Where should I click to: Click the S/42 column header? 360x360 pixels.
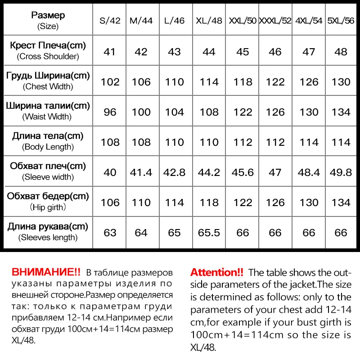(110, 21)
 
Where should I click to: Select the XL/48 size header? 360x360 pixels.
(209, 21)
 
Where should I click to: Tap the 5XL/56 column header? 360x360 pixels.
(341, 21)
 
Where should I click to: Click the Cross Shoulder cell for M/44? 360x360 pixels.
(141, 52)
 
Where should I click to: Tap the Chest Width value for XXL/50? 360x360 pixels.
(243, 82)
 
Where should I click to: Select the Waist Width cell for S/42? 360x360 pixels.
(110, 112)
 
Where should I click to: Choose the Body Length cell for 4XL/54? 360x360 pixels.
(309, 142)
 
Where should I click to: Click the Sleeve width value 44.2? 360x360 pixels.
(209, 172)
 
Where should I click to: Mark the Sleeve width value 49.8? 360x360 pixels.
(341, 172)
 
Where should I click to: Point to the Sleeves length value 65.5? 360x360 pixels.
(209, 233)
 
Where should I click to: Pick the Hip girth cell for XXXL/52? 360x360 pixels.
(275, 202)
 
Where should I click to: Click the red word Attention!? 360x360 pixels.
(217, 272)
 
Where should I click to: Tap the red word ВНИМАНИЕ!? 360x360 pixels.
(46, 272)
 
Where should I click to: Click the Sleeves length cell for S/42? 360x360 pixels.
(110, 233)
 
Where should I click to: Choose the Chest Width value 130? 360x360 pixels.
(341, 82)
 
